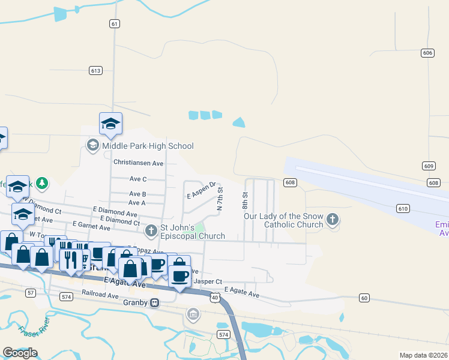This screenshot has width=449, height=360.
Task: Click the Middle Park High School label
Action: (x=148, y=146)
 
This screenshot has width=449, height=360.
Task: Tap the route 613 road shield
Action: (x=95, y=71)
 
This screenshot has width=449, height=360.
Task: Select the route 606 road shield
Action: (x=427, y=53)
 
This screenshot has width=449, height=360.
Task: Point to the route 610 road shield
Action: (x=403, y=208)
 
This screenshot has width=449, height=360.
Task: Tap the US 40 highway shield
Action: (x=215, y=296)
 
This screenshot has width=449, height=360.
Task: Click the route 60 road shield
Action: (x=364, y=298)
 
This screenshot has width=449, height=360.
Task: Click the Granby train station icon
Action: (x=155, y=303)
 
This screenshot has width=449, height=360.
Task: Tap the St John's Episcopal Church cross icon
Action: (x=151, y=229)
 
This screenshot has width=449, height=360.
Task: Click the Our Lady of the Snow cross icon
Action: (x=333, y=220)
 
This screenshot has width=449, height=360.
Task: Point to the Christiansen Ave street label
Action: (x=138, y=163)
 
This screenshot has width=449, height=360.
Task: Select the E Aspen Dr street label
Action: (x=200, y=191)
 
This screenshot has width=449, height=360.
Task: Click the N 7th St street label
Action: (x=220, y=197)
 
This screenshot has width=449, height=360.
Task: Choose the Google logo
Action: (x=20, y=353)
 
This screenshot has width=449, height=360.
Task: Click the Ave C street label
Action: (x=137, y=179)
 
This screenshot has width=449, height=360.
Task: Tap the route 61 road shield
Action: (x=115, y=23)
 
